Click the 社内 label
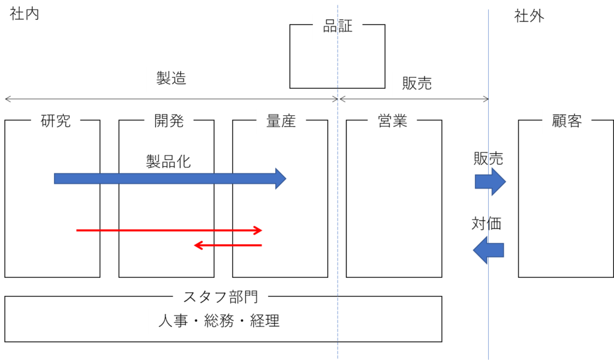(24, 14)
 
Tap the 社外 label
(529, 16)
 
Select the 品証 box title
(338, 26)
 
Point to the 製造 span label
(171, 78)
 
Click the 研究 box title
(56, 121)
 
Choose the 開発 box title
(168, 121)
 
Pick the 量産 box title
(281, 121)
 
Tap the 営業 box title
(392, 121)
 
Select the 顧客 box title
(567, 121)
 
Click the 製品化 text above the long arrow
(168, 161)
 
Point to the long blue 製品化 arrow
(170, 179)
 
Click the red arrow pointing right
(169, 230)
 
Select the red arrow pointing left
(228, 245)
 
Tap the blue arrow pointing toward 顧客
(490, 182)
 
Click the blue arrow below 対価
(488, 250)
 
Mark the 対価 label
(486, 223)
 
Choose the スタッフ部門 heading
(221, 297)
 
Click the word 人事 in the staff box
(173, 321)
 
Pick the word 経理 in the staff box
(264, 321)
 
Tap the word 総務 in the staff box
(219, 321)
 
